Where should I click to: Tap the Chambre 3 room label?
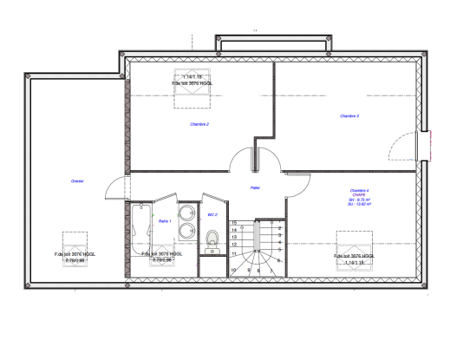(349, 116)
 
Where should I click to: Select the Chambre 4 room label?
(360, 190)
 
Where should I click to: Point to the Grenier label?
(78, 180)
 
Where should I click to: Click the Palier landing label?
(256, 187)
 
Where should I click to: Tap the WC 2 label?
(212, 214)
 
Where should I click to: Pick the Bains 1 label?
(165, 221)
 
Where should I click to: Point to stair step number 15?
(235, 223)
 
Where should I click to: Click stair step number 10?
(234, 270)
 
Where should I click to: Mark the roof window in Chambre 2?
(192, 86)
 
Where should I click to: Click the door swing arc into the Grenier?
(111, 186)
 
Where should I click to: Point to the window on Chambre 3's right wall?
(424, 145)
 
